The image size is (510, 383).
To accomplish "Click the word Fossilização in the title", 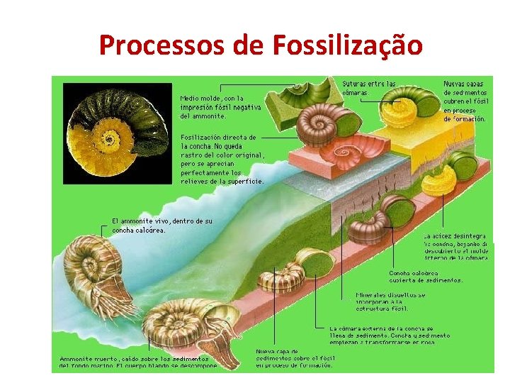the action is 347,45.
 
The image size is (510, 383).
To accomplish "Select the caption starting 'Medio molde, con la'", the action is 220,106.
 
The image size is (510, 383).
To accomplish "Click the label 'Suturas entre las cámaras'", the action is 369,88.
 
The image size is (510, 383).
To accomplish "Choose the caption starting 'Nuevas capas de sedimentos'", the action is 465,101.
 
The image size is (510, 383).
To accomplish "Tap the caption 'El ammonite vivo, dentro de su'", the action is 162,225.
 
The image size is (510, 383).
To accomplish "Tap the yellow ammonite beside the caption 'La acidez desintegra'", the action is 438,182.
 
